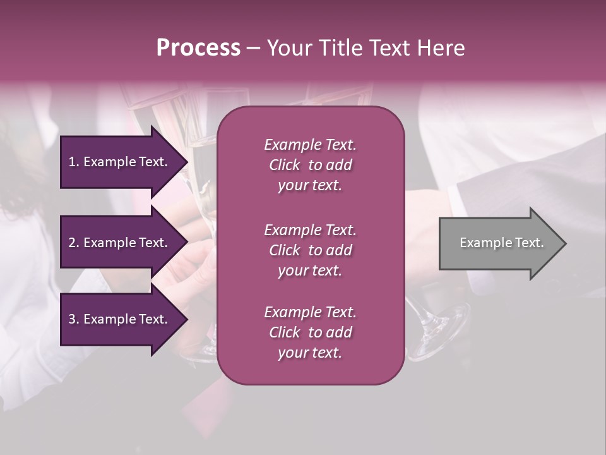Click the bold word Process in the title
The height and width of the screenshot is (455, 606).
click(198, 48)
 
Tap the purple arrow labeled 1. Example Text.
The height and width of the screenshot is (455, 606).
click(120, 162)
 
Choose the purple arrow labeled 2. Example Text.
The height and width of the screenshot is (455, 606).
click(120, 243)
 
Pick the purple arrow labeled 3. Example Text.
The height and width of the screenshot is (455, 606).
click(120, 319)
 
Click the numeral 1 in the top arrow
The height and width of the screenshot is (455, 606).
click(72, 162)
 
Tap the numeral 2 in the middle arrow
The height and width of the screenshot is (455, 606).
click(72, 243)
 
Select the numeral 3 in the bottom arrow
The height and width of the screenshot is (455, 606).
click(72, 319)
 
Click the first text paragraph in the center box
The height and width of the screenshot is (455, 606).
click(310, 165)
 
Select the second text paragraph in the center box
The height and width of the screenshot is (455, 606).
click(310, 250)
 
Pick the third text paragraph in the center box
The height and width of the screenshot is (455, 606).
click(310, 332)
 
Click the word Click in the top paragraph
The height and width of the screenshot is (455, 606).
click(285, 165)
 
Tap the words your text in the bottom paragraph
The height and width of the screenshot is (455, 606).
click(310, 353)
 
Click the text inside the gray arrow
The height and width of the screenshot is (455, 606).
click(501, 243)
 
